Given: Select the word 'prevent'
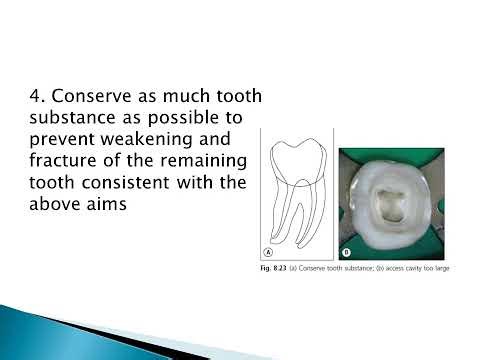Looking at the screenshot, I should (65, 142).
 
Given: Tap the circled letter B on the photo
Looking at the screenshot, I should (347, 251).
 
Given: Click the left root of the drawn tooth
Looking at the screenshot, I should (285, 215).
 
